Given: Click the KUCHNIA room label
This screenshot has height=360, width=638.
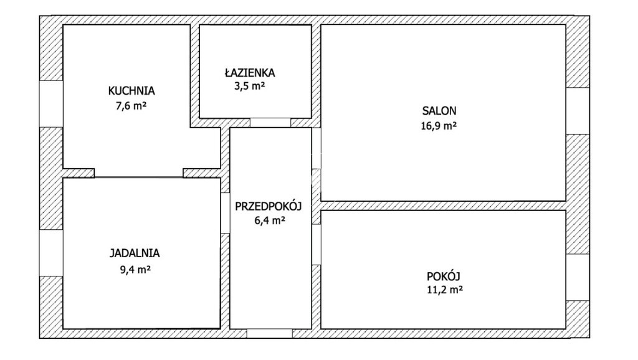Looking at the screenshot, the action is point(131,91).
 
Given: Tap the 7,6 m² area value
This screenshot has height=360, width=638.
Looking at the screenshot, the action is point(131,106).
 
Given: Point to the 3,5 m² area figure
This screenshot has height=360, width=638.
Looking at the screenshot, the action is point(249,86).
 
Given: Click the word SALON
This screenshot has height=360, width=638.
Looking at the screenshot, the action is point(439,111).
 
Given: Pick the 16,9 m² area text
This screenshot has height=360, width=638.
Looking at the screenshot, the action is point(439,126).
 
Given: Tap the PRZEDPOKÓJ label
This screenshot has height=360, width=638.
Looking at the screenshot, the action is point(268,206).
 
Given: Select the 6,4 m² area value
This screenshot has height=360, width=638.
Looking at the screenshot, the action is point(270,221).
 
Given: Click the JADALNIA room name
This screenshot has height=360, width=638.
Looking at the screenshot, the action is point(135,253).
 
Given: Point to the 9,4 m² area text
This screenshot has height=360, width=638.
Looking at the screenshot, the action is point(135,269).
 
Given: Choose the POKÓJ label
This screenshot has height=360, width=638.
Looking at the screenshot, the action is point(444,276).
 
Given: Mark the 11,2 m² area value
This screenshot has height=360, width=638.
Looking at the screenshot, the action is point(445,290).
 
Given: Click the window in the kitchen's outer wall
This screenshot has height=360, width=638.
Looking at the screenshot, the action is point(51,104).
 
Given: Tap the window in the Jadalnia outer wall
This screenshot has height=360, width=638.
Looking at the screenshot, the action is point(51,253).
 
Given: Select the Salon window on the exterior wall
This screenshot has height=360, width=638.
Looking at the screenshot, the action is point(578,111).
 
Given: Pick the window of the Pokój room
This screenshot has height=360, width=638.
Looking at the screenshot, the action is point(578,277).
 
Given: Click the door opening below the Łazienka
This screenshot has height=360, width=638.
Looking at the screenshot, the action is point(270,123).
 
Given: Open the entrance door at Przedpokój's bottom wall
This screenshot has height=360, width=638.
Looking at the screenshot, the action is point(269,333).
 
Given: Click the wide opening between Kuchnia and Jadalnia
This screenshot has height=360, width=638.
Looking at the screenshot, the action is point(139,173).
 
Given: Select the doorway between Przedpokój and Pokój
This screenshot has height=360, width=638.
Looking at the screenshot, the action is point(316,244).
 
